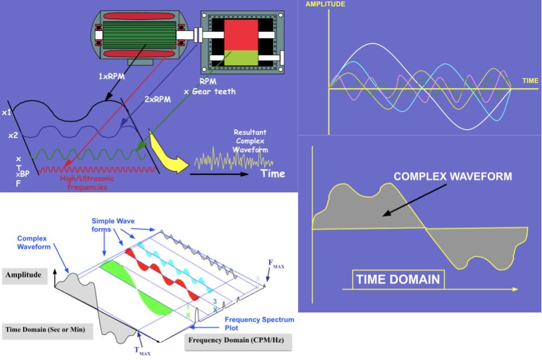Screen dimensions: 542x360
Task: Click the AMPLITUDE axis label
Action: [x=325, y=4]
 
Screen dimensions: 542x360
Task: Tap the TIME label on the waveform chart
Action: [x=530, y=81]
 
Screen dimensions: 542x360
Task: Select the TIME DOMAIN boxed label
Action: [x=398, y=279]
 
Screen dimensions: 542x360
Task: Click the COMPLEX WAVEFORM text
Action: [x=453, y=176]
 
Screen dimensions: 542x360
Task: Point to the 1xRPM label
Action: [x=111, y=76]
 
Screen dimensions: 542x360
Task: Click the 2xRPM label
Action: [x=158, y=99]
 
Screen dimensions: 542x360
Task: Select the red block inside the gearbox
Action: [x=241, y=35]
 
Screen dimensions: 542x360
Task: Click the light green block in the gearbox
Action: [x=241, y=58]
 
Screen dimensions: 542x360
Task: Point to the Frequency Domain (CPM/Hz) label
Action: [x=236, y=340]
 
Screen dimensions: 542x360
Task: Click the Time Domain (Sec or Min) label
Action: [x=45, y=330]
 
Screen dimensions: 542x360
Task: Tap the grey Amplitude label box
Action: [x=24, y=275]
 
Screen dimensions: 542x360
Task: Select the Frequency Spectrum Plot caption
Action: [x=259, y=324]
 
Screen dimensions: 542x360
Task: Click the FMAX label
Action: [x=276, y=264]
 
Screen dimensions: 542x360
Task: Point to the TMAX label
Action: [x=142, y=351]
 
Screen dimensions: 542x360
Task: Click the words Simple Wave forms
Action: [x=113, y=225]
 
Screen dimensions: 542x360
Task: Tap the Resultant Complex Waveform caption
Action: [x=250, y=141]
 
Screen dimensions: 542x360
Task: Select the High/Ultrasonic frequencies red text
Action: [x=87, y=183]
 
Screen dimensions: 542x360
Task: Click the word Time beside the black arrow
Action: [x=273, y=173]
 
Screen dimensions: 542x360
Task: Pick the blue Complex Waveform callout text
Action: [x=34, y=243]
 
